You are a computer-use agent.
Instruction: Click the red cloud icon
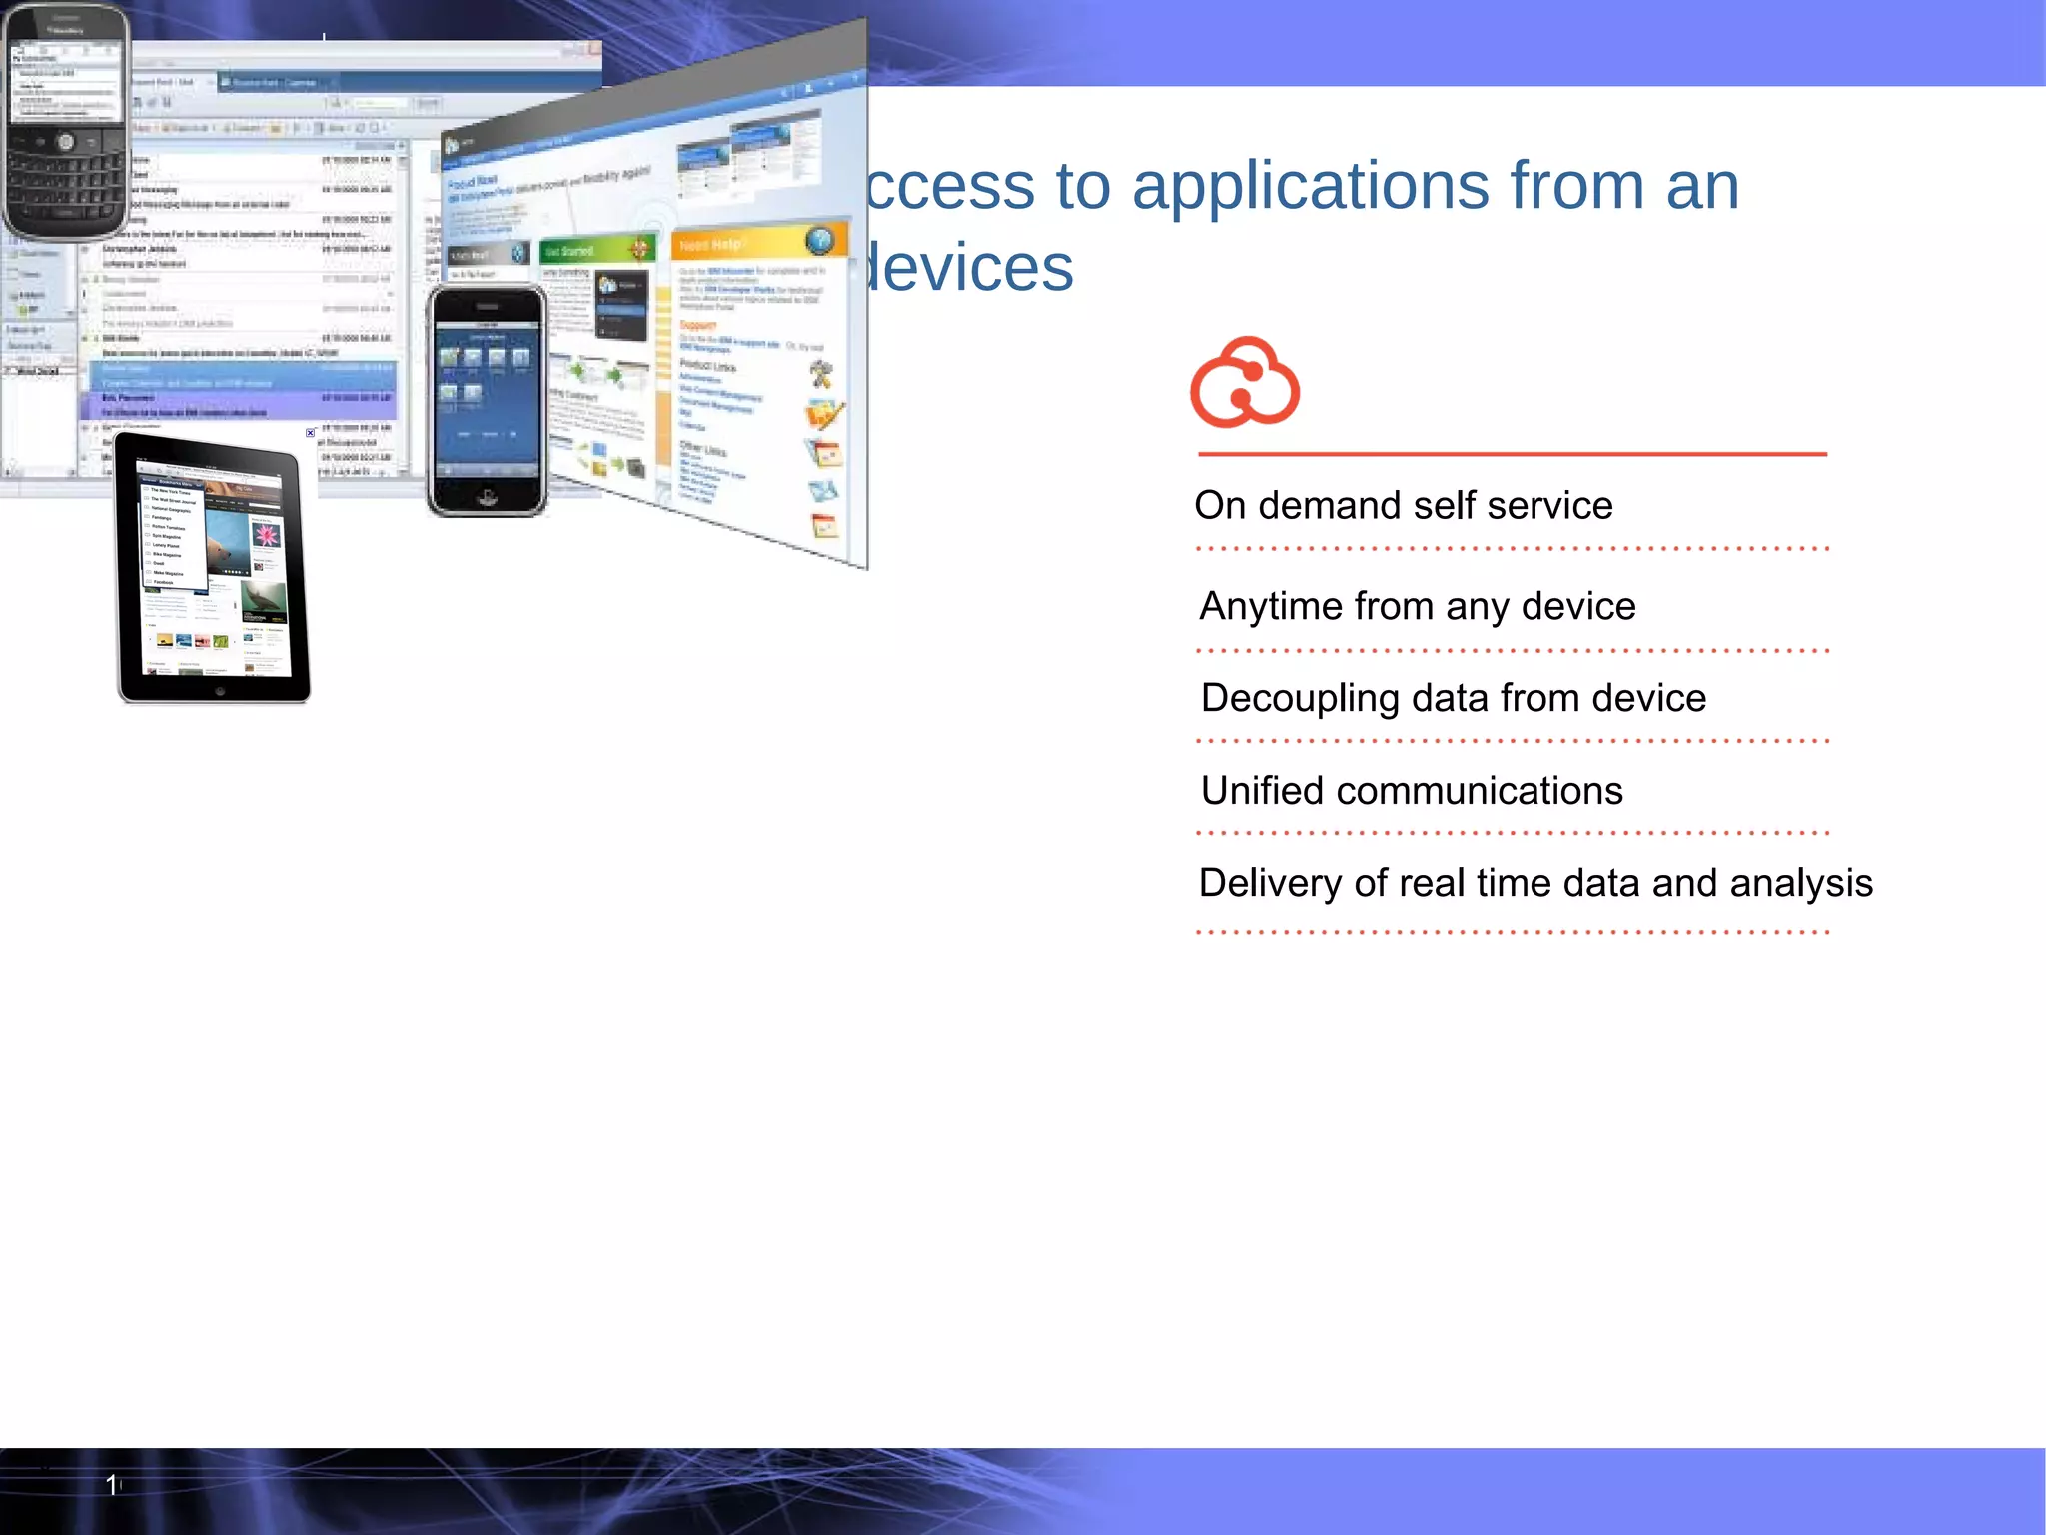[1244, 383]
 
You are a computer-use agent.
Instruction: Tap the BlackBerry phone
[66, 121]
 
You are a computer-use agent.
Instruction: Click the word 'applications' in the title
[1311, 188]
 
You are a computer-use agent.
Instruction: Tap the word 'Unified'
[1261, 791]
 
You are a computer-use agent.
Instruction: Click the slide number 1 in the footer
[112, 1485]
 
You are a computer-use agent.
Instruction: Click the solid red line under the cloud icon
[1512, 454]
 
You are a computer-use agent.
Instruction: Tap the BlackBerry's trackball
[65, 142]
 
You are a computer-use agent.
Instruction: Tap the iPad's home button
[220, 691]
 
